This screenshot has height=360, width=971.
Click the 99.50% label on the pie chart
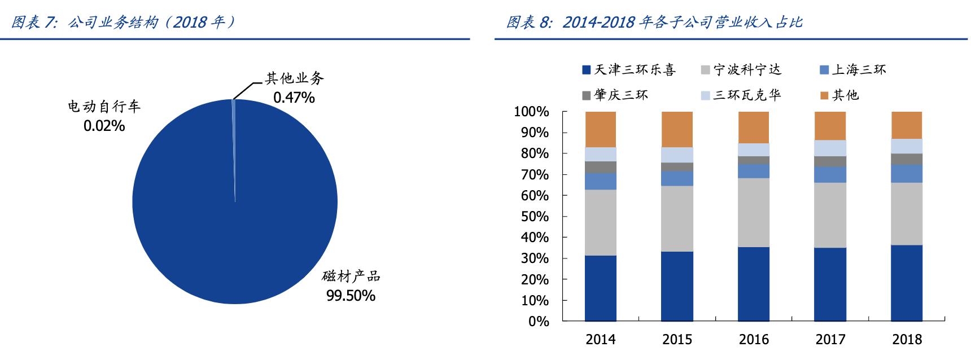(351, 295)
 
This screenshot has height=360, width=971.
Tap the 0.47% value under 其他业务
(294, 98)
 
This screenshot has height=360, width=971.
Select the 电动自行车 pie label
(104, 107)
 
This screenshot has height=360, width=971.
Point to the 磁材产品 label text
(351, 276)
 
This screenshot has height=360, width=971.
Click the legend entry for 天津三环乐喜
(628, 70)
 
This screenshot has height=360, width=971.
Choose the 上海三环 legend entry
(852, 70)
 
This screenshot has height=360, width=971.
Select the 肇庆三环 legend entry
(615, 95)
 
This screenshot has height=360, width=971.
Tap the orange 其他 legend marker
(825, 95)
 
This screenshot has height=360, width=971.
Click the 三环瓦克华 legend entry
(740, 95)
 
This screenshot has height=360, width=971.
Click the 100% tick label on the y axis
(531, 112)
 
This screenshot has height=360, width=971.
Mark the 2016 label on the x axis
(754, 339)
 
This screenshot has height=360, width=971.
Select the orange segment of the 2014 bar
(601, 129)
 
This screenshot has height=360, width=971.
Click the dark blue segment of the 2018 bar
(907, 282)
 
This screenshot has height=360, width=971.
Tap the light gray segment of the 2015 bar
(677, 218)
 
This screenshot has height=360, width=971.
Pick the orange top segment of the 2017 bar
(830, 126)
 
